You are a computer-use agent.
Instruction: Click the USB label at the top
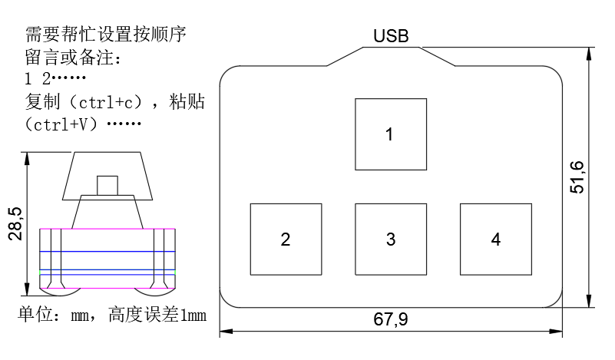point(391,36)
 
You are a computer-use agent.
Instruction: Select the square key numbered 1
point(390,134)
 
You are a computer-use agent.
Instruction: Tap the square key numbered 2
point(286,239)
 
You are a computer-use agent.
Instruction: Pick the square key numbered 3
point(390,239)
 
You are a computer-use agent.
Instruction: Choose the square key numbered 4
point(495,239)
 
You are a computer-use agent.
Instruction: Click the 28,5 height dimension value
point(16,223)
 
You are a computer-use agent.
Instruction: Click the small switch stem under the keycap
point(107,186)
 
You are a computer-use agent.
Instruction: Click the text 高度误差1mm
point(157,315)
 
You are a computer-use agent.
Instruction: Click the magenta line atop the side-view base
point(107,229)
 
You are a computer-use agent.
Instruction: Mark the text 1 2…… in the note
point(55,79)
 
